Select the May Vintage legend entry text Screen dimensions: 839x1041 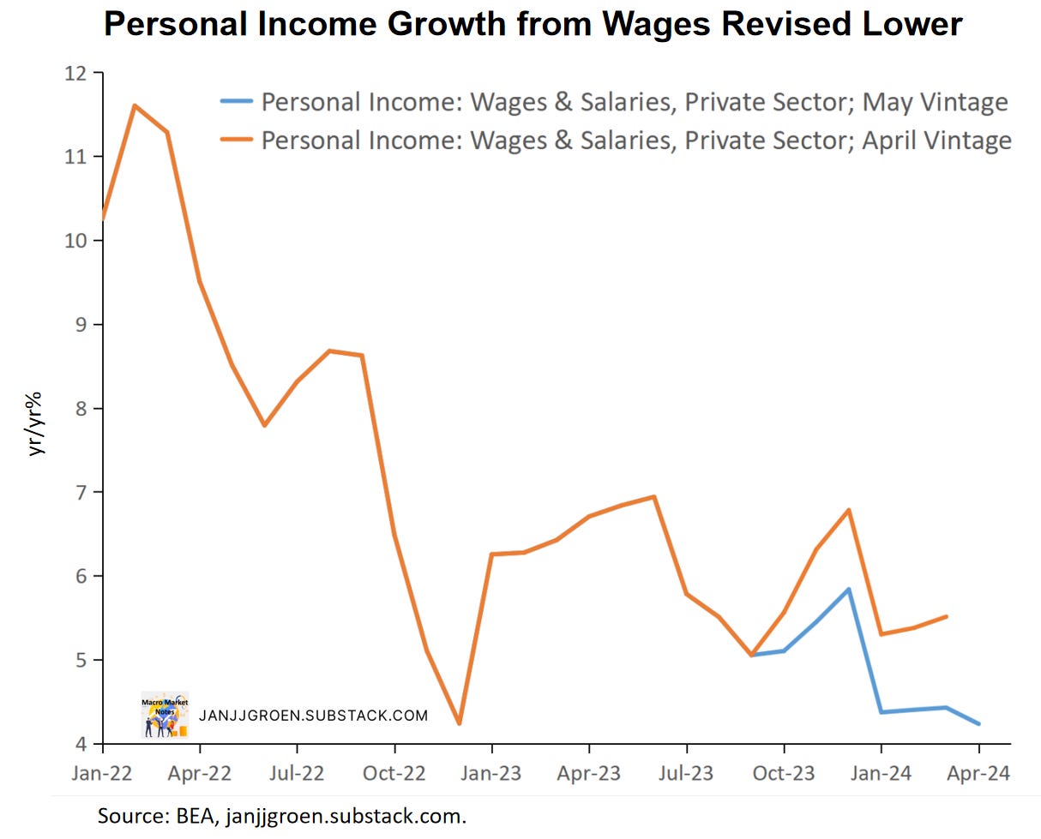pyautogui.click(x=635, y=102)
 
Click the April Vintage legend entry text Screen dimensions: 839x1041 pyautogui.click(x=635, y=139)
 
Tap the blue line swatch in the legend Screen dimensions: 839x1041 pyautogui.click(x=236, y=102)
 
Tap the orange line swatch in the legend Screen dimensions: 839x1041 pyautogui.click(x=236, y=139)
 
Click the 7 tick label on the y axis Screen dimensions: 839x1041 pyautogui.click(x=83, y=492)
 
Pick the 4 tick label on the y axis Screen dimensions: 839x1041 pyautogui.click(x=83, y=744)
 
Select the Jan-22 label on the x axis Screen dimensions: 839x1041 pyautogui.click(x=102, y=773)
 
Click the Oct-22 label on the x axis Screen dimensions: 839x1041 pyautogui.click(x=394, y=773)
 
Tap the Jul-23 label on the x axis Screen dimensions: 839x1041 pyautogui.click(x=686, y=773)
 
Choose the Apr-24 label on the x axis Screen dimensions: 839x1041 pyautogui.click(x=978, y=773)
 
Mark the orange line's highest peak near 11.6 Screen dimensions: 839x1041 pyautogui.click(x=135, y=105)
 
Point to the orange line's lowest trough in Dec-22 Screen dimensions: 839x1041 pyautogui.click(x=459, y=724)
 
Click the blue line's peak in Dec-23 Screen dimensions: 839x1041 pyautogui.click(x=849, y=590)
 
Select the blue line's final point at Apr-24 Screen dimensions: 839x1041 pyautogui.click(x=978, y=724)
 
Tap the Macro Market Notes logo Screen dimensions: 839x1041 pyautogui.click(x=165, y=715)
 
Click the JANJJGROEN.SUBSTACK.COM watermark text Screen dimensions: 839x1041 pyautogui.click(x=312, y=716)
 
